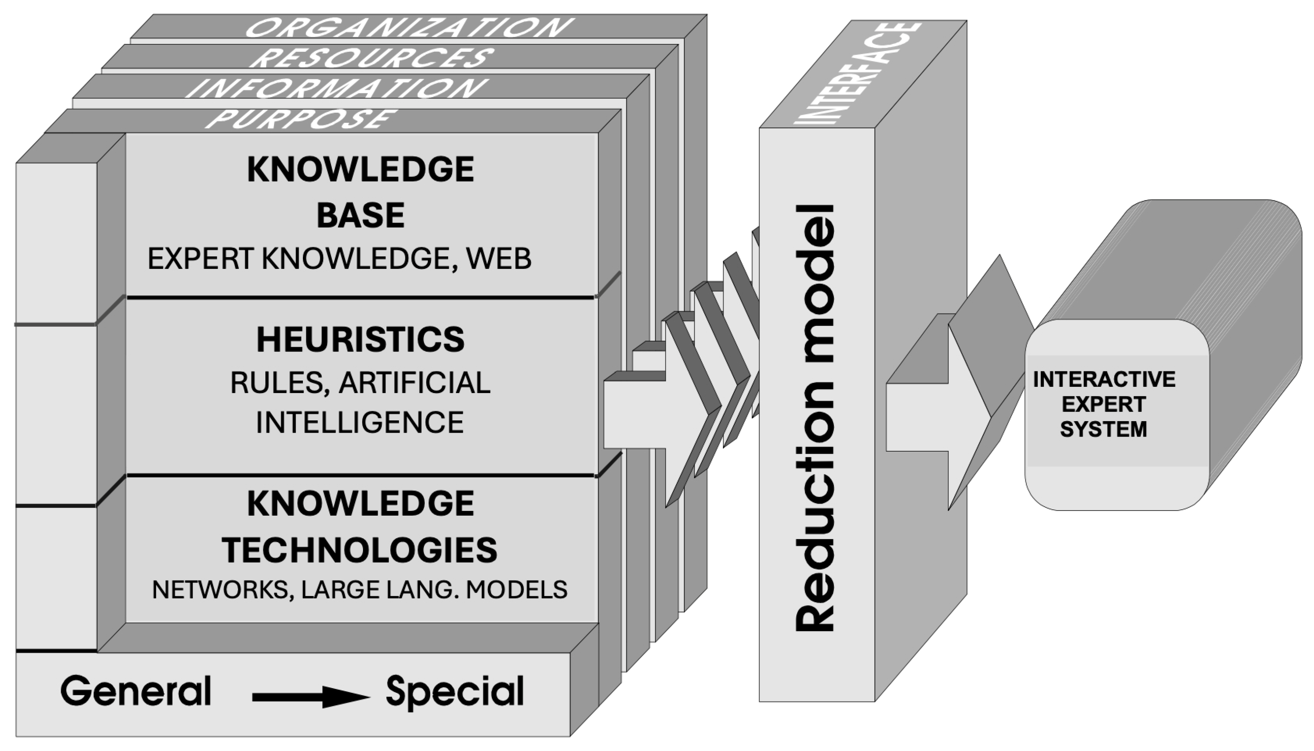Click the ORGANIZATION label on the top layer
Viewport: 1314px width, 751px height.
409,27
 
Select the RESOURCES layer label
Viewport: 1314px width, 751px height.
371,57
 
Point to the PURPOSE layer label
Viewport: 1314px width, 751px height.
301,119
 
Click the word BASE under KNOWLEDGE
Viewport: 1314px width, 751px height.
361,215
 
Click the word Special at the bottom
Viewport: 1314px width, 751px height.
455,691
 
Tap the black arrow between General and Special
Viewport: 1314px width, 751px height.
310,697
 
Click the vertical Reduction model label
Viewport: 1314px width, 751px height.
815,418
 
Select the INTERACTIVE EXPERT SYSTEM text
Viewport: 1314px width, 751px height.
1104,404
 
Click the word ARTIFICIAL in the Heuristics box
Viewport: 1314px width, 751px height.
415,383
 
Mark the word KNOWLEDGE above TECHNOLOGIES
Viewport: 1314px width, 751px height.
361,504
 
